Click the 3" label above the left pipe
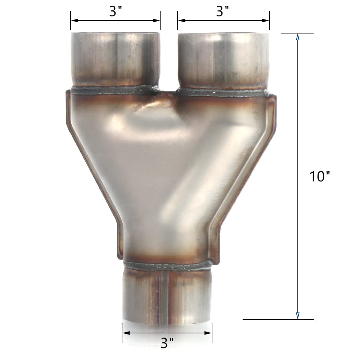[x=115, y=12]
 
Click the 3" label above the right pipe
[x=223, y=12]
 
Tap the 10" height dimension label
[x=320, y=176]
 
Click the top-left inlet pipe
[x=115, y=59]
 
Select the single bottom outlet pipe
[x=166, y=295]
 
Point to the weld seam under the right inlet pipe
[x=223, y=93]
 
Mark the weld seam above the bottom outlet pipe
[x=166, y=267]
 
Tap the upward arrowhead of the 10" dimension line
[x=297, y=37]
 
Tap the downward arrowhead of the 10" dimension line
[x=297, y=316]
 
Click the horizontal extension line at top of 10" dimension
[x=297, y=33]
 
